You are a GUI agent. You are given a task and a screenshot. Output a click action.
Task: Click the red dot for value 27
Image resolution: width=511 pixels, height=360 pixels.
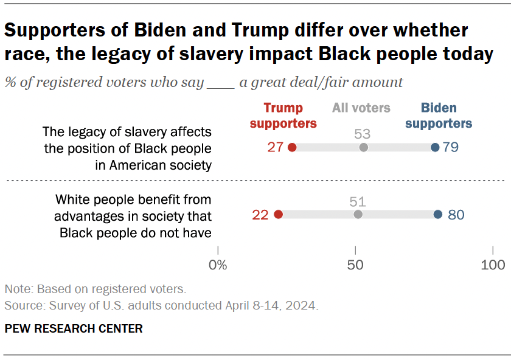292,148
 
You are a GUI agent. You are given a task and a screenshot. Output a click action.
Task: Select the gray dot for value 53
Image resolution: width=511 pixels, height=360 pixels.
364,148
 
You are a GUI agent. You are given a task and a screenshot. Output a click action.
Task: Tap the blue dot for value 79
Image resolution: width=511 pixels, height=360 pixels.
435,148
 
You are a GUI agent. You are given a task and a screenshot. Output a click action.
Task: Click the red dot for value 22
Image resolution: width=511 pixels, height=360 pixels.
279,214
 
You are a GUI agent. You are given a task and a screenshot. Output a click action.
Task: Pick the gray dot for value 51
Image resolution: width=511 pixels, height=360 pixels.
358,214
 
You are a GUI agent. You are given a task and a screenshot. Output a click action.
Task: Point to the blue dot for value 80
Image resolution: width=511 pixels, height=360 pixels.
438,214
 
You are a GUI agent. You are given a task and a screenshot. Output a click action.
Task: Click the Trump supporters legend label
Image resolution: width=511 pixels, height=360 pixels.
283,116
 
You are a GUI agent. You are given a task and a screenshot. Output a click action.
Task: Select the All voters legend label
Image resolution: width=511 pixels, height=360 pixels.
361,108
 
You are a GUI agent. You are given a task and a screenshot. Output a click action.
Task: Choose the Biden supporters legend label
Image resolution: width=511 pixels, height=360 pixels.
439,116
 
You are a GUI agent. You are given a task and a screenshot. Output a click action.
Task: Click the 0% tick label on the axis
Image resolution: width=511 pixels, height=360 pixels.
218,265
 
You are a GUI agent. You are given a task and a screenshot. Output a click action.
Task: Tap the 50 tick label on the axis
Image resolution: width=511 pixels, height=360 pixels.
355,265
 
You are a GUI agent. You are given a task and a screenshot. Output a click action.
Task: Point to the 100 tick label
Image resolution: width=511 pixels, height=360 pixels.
493,265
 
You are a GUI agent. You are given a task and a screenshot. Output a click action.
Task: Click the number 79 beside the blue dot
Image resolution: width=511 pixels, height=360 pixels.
451,148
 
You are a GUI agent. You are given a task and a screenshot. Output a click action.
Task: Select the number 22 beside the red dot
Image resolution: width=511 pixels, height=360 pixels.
261,214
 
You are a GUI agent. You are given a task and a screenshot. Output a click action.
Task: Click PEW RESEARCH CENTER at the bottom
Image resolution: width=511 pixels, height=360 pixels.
74,329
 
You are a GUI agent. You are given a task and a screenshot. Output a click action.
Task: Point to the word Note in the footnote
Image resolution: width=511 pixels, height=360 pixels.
16,289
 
